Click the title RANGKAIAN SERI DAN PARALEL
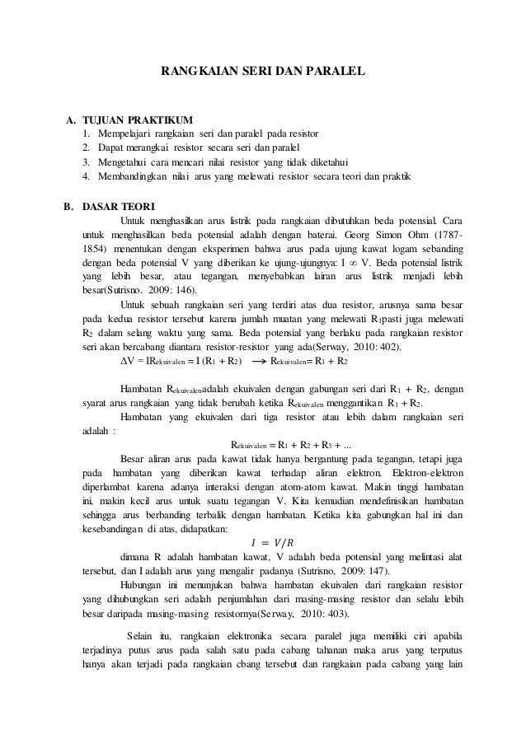coord(261,72)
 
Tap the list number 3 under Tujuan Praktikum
coord(87,162)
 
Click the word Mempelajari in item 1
coord(125,133)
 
